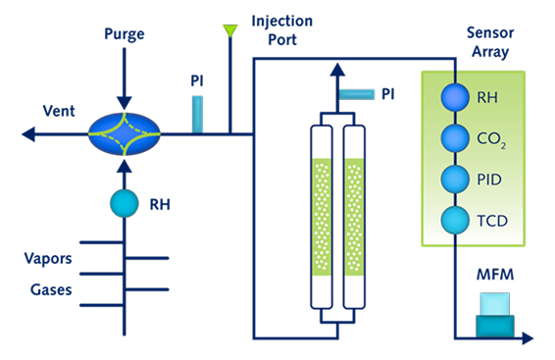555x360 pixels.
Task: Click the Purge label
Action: tap(125, 34)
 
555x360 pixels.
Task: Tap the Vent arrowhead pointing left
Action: tap(28, 134)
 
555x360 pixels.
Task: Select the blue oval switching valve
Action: tap(125, 134)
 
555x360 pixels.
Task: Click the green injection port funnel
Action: tap(230, 30)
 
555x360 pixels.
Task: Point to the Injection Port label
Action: tap(282, 30)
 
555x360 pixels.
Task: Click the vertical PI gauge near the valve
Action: tap(197, 115)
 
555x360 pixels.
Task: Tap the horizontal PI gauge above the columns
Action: tap(356, 94)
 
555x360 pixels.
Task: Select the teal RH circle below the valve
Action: tap(125, 203)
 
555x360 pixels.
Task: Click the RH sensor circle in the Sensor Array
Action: tap(455, 97)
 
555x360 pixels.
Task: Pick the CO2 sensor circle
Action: tap(455, 138)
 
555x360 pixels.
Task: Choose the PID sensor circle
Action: tap(455, 180)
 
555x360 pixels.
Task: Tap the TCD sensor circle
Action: tap(455, 220)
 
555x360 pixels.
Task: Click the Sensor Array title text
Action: tap(490, 42)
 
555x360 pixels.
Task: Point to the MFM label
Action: tap(495, 275)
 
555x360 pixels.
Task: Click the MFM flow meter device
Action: tap(495, 315)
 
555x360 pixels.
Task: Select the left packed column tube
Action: tap(322, 217)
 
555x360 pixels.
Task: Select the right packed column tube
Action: tap(354, 217)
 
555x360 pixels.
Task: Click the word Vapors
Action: tap(48, 259)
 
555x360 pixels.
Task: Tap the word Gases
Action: tap(51, 290)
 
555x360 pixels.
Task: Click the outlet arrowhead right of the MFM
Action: tap(528, 338)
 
